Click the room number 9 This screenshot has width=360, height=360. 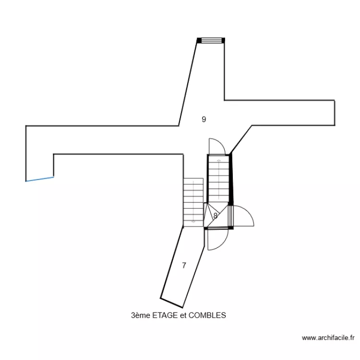pyautogui.click(x=204, y=120)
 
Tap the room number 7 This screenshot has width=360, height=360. pyautogui.click(x=184, y=265)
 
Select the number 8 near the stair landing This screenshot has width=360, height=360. pyautogui.click(x=216, y=216)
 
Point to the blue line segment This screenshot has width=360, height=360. pyautogui.click(x=40, y=179)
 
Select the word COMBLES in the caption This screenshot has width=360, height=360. pyautogui.click(x=207, y=315)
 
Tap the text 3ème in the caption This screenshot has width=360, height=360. pyautogui.click(x=140, y=315)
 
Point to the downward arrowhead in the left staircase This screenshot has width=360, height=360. pyautogui.click(x=193, y=221)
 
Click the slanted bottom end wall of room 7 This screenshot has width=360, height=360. pyautogui.click(x=171, y=302)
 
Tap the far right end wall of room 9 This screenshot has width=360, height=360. pyautogui.click(x=334, y=112)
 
